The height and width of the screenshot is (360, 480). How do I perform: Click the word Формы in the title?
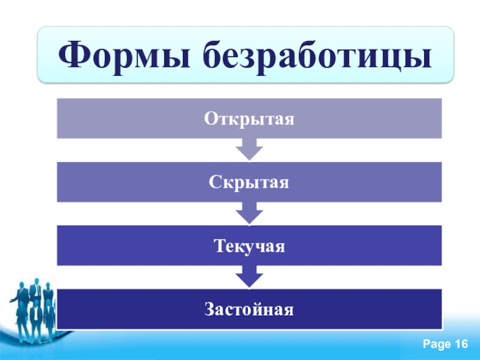tap(124, 55)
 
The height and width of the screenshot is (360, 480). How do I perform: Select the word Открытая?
tap(249, 118)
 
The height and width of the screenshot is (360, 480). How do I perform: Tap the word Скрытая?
tap(249, 182)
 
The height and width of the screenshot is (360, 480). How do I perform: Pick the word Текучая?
tap(249, 246)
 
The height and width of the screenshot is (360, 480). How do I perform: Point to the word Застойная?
tap(249, 309)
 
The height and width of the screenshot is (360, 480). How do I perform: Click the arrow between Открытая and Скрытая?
tap(249, 149)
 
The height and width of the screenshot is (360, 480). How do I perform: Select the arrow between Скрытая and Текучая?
tap(249, 214)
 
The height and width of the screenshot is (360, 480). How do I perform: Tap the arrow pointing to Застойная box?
tap(249, 277)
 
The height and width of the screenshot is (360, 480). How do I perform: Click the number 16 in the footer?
tap(461, 344)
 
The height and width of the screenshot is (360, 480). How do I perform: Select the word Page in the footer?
tap(437, 344)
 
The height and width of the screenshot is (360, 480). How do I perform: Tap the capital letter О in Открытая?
tap(211, 118)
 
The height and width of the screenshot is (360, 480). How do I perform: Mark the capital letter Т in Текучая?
tap(220, 245)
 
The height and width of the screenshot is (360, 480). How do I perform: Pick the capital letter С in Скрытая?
tap(215, 182)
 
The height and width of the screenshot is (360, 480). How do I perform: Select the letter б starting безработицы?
tap(213, 53)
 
